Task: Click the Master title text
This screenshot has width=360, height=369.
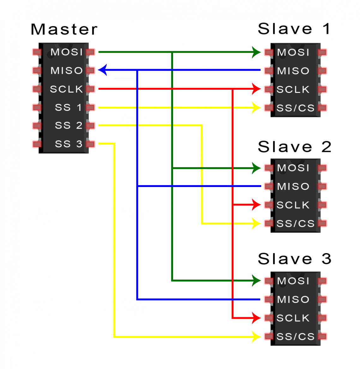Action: [x=64, y=29]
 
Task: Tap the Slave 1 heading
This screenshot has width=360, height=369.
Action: [x=294, y=29]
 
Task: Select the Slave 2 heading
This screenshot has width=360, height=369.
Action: [x=294, y=147]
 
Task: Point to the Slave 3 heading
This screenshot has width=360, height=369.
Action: [x=294, y=259]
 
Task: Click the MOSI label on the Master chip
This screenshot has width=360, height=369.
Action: [x=67, y=52]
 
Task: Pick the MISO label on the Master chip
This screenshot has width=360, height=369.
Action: [x=67, y=70]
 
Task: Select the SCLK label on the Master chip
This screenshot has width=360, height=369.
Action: [x=66, y=89]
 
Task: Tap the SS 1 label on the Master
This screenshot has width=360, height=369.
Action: [x=69, y=107]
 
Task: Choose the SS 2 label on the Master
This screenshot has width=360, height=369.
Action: [x=69, y=125]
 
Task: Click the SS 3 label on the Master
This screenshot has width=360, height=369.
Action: [x=69, y=144]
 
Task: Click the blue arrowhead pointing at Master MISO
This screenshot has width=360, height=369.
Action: [x=103, y=70]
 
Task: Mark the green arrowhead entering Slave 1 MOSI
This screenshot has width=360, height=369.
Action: [x=256, y=52]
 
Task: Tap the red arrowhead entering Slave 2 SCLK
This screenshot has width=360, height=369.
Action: [x=256, y=205]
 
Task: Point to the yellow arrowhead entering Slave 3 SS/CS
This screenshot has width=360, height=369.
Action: [x=256, y=336]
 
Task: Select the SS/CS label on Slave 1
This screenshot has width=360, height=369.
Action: [x=296, y=108]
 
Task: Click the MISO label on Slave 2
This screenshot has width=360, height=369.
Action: [x=293, y=186]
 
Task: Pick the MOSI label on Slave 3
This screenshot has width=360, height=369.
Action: [x=293, y=281]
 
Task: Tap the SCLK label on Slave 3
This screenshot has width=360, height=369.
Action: [x=293, y=318]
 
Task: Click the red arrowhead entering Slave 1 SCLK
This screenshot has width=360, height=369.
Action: [x=256, y=89]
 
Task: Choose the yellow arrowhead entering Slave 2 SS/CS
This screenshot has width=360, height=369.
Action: [x=256, y=223]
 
